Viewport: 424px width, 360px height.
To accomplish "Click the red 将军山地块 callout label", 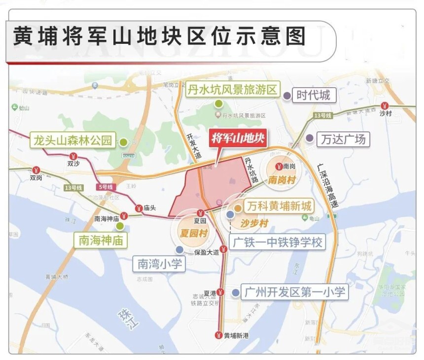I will pos(239,139).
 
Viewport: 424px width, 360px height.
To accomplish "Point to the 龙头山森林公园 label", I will pos(72,141).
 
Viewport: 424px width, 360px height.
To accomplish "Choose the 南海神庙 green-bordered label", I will pos(101,240).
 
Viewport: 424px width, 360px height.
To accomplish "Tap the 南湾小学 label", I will pos(158,264).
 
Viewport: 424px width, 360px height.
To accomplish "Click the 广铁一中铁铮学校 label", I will pos(278,242).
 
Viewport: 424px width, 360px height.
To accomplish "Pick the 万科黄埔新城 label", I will pos(279,206).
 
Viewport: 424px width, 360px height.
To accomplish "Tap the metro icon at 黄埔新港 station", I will pos(218,335).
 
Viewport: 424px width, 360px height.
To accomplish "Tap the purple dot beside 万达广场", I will pos(309,138).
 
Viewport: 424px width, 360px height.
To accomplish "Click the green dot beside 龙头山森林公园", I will pos(123,142).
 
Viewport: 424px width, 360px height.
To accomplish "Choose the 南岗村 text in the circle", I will pos(282,181).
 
